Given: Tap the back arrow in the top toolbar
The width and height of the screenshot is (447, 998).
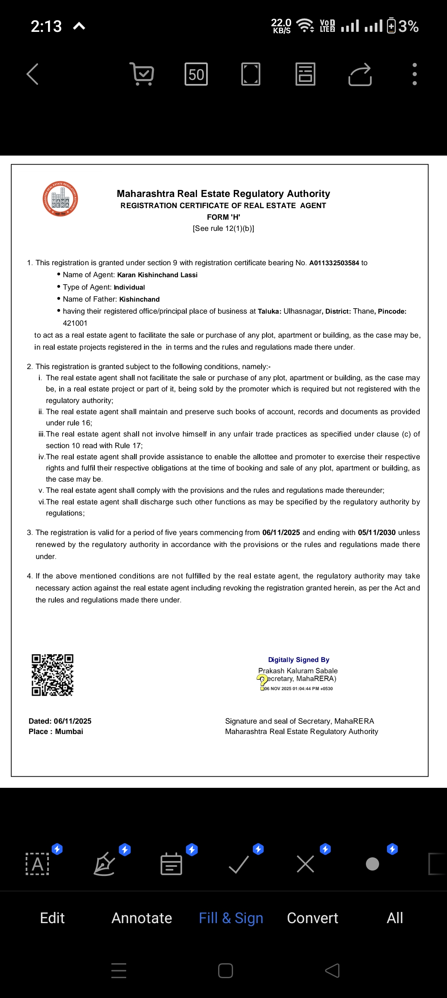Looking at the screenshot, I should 33,74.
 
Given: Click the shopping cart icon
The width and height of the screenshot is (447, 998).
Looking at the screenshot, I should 142,74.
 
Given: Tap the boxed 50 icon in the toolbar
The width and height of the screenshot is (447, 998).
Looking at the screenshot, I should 196,74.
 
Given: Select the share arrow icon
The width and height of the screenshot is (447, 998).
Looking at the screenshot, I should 360,74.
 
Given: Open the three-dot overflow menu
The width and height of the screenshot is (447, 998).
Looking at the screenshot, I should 414,74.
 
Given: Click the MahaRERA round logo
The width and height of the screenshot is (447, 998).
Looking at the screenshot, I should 60,199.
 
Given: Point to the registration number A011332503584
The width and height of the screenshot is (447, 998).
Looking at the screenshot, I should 334,263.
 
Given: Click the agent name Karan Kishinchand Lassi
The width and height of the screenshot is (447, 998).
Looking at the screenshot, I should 157,275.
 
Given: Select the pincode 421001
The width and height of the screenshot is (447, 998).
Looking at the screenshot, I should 75,323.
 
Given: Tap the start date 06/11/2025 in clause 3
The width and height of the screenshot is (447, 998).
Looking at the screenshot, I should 281,533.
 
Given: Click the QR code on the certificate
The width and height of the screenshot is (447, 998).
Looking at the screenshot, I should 53,675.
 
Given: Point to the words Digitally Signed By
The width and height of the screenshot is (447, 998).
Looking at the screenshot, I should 298,660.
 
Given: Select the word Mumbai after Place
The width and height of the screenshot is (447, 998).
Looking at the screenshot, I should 69,732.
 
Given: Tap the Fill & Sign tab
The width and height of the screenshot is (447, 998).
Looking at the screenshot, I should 231,918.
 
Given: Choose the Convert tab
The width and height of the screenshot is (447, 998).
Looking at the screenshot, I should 312,918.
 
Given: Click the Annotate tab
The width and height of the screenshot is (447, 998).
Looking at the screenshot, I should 142,918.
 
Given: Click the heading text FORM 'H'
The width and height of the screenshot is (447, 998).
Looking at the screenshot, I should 223,217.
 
